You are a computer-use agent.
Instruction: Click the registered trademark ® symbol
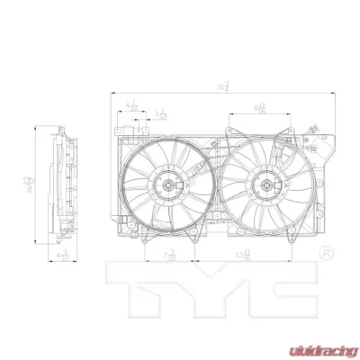[327, 249]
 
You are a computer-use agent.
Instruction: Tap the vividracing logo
[320, 345]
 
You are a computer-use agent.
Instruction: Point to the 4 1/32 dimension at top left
[133, 106]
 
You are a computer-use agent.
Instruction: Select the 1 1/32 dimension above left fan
[162, 115]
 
